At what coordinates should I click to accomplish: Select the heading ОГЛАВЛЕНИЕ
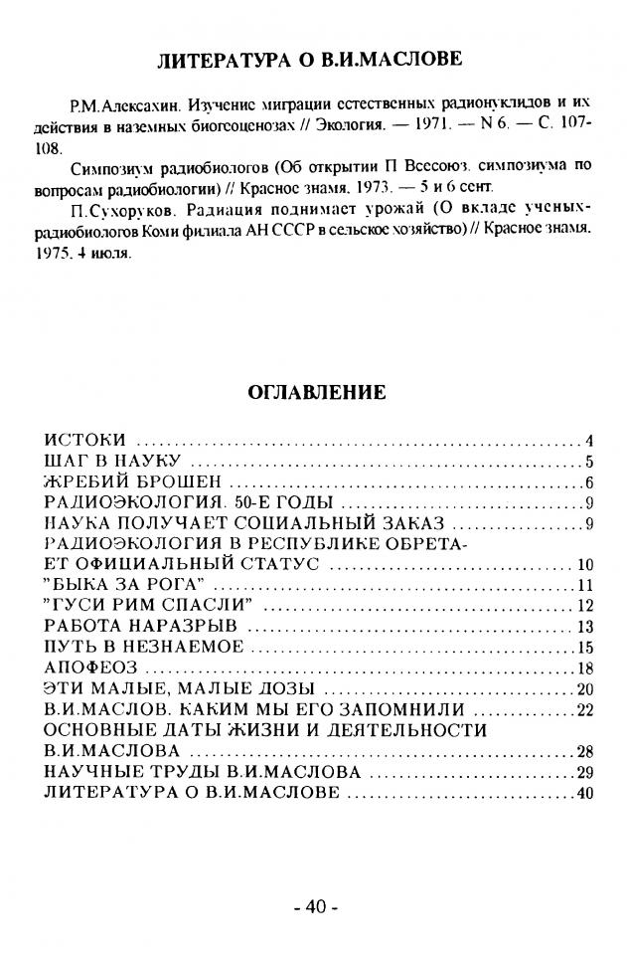coord(315,392)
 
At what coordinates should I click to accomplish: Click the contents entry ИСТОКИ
coord(85,440)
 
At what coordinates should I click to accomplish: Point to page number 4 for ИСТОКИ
coord(589,440)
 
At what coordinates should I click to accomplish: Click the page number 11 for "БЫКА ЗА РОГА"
coord(585,584)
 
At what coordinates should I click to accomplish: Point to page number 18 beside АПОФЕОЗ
coord(585,668)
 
